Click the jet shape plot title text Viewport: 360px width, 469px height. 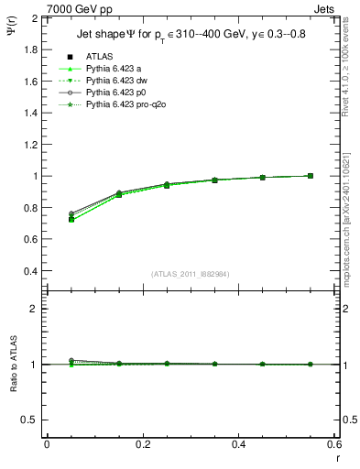coord(190,35)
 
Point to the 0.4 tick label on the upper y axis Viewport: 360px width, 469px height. coord(30,271)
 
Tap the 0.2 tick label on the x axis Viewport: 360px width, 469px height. coord(142,445)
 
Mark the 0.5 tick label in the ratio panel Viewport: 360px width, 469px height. coord(30,420)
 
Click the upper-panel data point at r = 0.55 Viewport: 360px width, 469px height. coord(310,176)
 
